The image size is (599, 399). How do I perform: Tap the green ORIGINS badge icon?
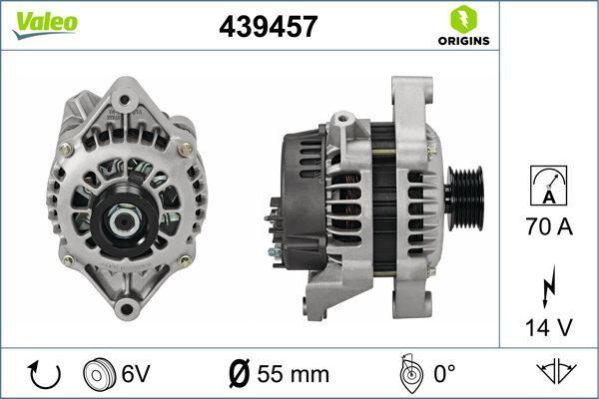point(462,19)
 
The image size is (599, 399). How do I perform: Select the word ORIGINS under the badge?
point(462,41)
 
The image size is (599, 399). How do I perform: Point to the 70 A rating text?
point(549,228)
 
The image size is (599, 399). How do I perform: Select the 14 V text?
point(549,326)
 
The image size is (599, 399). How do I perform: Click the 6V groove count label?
point(137,375)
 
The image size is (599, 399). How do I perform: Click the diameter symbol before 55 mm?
point(240,375)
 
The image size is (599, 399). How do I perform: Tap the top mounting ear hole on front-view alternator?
point(122,100)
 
